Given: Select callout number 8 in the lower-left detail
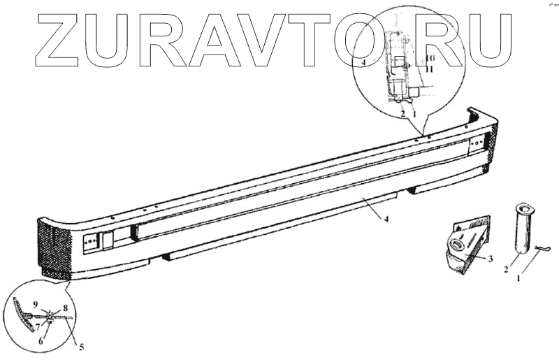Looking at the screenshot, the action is click(x=65, y=308).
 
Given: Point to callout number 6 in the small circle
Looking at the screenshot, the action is click(x=41, y=341).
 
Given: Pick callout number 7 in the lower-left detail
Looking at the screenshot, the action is click(x=38, y=326).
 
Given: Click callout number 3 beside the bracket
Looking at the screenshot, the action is click(x=491, y=259).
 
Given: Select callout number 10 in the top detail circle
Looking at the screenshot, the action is click(x=429, y=58).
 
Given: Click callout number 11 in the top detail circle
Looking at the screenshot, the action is click(x=429, y=69).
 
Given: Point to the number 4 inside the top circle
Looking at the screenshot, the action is click(x=364, y=63).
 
